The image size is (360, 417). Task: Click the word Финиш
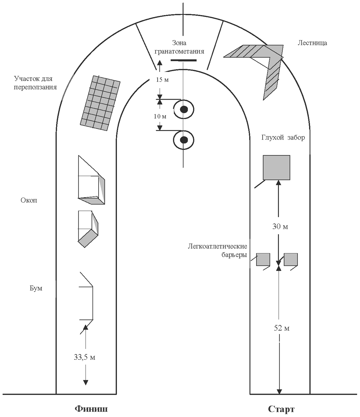pos(91,409)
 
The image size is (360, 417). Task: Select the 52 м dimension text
pos(282,328)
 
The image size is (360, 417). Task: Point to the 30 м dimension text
pos(280,227)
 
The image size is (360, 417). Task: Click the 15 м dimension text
pos(162,80)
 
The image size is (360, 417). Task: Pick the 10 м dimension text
pos(160,116)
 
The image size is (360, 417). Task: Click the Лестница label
pos(312,43)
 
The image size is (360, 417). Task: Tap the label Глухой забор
pos(283,138)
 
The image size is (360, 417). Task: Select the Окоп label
pos(29,200)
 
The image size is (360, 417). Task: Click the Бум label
pos(36,288)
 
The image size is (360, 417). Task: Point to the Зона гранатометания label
pos(179,47)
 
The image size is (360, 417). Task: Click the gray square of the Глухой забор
pos(276,167)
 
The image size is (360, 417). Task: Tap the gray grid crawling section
pos(100,103)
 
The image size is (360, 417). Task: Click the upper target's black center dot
pos(184,109)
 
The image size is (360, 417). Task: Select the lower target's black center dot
pos(184,140)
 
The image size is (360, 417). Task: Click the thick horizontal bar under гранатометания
pos(184,60)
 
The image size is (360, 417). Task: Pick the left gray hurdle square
pos(263,259)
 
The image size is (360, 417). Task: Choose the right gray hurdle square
pos(291,259)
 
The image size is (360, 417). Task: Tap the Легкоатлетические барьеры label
pos(218,251)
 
